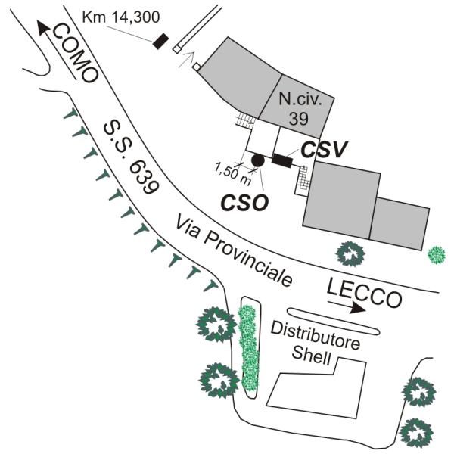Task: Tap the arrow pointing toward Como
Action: tap(47, 33)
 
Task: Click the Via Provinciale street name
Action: tap(232, 249)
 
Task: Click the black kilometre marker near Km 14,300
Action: tap(160, 41)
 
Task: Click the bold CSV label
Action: tap(322, 150)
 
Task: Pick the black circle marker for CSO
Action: tap(257, 160)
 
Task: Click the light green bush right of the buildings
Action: tap(437, 254)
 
